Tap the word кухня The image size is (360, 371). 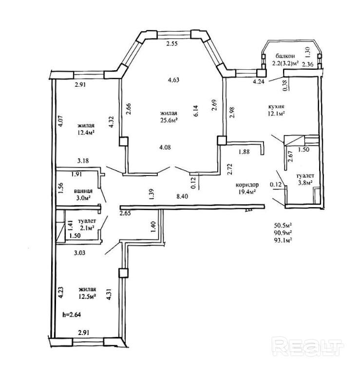point(276,106)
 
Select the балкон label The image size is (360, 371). point(284,56)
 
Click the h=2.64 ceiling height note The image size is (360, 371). point(71,314)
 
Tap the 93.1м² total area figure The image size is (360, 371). point(283,240)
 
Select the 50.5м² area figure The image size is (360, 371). point(283,225)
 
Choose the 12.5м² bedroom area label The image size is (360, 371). point(85,296)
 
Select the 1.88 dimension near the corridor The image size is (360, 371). point(245,152)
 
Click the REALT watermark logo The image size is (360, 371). point(307,347)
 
